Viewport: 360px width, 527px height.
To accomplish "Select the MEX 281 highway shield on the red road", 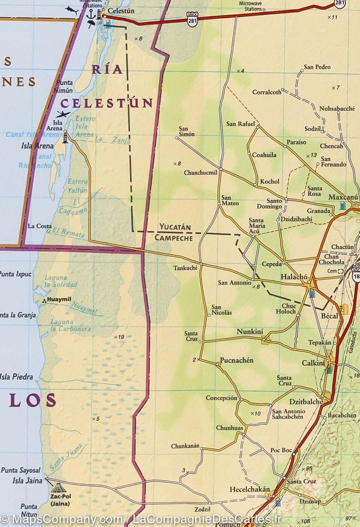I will point(192,20).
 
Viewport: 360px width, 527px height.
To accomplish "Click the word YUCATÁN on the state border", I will point(175,227).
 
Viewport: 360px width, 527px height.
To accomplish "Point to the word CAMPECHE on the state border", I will point(173,238).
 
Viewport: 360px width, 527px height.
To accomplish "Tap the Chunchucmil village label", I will point(201,173).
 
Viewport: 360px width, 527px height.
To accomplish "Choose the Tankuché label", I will point(186,267).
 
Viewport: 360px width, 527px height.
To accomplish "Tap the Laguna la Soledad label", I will point(61,281).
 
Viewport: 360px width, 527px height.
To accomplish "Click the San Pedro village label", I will point(317,67).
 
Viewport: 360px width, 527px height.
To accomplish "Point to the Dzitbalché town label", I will point(306,401).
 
